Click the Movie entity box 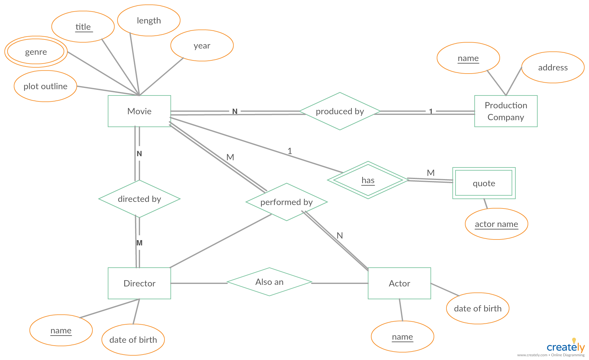139,111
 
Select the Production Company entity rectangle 506,111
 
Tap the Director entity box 139,283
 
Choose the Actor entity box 399,283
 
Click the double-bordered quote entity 484,183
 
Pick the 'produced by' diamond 340,111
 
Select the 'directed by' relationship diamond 139,199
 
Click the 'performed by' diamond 287,202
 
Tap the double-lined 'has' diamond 368,180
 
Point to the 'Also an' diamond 269,282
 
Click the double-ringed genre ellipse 36,52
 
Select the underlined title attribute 83,27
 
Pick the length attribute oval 149,20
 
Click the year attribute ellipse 202,45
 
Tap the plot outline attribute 45,86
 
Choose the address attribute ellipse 553,67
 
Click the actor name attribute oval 497,224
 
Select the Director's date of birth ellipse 133,340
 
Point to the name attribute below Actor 403,337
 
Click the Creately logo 566,347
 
